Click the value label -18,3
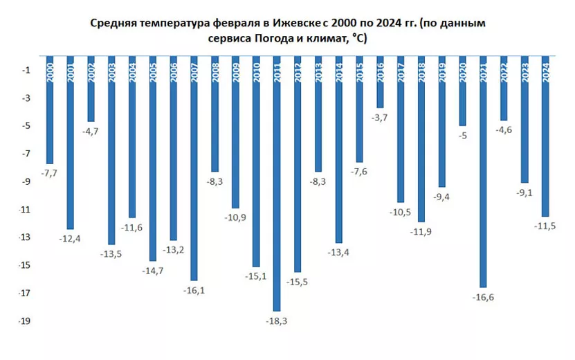(x=277, y=321)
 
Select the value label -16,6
(x=483, y=298)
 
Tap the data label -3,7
(x=379, y=118)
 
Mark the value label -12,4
(x=71, y=239)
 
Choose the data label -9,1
(x=524, y=192)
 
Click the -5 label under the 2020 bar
(x=462, y=136)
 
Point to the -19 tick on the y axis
(x=24, y=321)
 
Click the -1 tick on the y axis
(x=26, y=70)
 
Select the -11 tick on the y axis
(x=24, y=210)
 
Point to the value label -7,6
(x=359, y=172)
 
